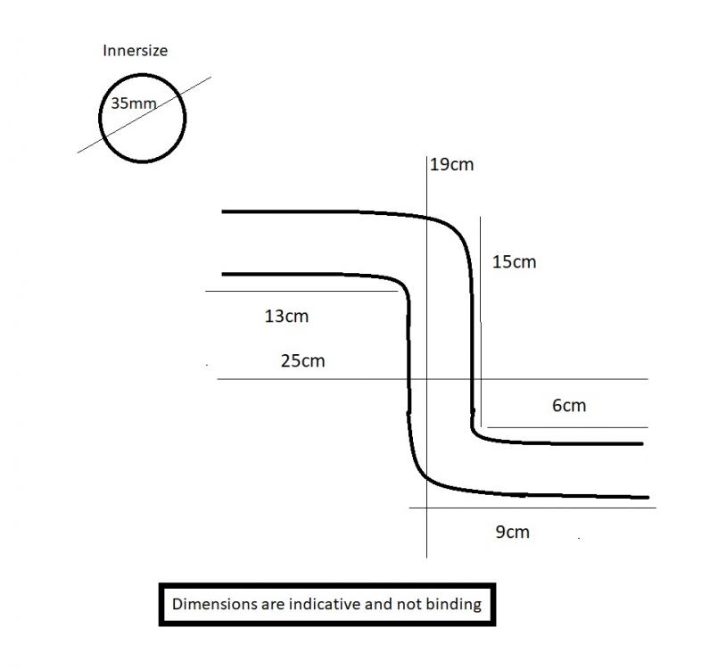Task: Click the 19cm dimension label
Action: [452, 164]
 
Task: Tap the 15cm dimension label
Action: [514, 262]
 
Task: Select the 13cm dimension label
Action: [286, 316]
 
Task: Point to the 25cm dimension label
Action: [302, 361]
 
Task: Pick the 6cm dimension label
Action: [569, 405]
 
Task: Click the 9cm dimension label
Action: [512, 532]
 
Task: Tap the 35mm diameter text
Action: [134, 103]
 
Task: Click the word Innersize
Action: [135, 50]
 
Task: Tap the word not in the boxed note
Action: [409, 605]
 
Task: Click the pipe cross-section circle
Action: [99, 118]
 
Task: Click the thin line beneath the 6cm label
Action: [568, 427]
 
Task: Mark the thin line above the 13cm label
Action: [301, 291]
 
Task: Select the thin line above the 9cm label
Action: [532, 508]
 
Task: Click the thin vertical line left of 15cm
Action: [481, 321]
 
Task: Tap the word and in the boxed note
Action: [378, 604]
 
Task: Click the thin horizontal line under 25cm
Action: [433, 379]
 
